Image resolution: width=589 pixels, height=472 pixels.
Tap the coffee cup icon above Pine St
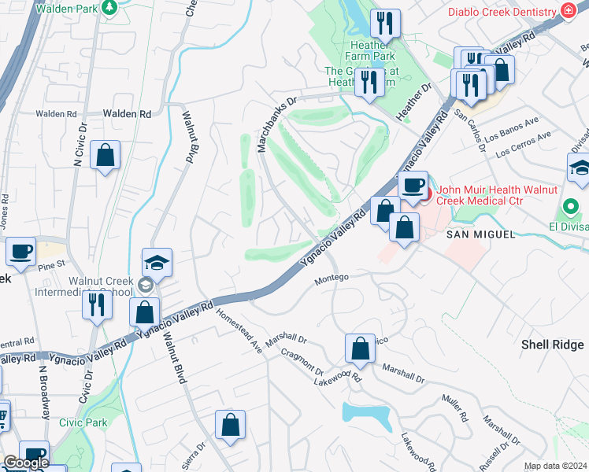21,252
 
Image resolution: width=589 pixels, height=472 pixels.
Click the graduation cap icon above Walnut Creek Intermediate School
157,263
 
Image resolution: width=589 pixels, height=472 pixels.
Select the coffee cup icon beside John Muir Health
413,186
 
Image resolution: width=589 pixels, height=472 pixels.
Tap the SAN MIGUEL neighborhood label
480,234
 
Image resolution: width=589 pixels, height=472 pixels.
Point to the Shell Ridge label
552,345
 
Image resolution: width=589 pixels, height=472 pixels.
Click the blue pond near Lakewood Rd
366,414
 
